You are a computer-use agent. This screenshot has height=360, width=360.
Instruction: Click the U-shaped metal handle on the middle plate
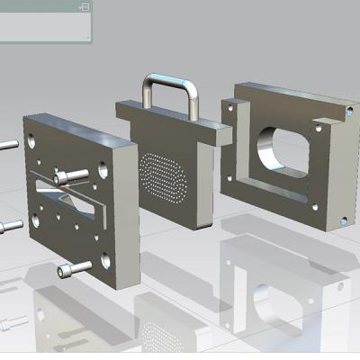point(168,86)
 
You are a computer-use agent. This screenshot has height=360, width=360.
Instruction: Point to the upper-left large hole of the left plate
point(33,141)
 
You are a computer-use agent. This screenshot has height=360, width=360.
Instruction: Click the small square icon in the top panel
point(84,6)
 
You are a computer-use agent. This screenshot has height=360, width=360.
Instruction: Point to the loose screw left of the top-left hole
point(8,143)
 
